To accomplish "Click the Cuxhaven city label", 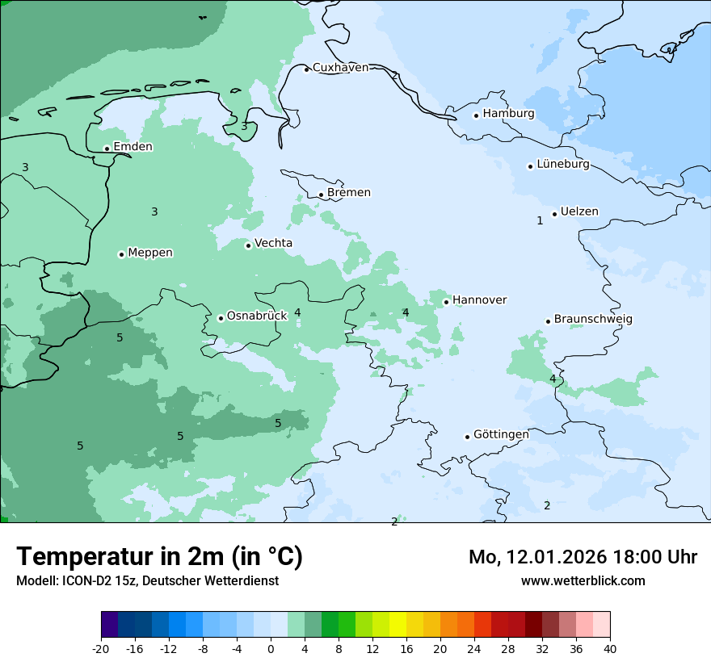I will click(x=340, y=68).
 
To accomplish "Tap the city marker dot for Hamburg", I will click(x=476, y=115).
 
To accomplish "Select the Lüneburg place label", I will click(x=562, y=165).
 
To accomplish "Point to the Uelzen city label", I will click(x=579, y=212).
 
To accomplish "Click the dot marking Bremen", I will click(x=321, y=195).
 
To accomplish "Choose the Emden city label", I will click(x=133, y=147).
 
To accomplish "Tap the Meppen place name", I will click(x=150, y=253).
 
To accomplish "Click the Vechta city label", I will click(x=273, y=243).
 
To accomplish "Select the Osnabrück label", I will click(x=257, y=316).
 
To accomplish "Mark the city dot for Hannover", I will click(x=446, y=302).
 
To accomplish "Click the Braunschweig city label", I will click(x=593, y=320).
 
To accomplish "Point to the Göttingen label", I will click(x=501, y=434).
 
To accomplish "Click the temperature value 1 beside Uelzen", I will click(x=540, y=220).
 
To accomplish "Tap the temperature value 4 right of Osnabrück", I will click(x=297, y=312).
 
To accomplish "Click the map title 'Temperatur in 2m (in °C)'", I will click(x=159, y=556).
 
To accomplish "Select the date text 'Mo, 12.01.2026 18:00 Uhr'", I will click(x=583, y=557).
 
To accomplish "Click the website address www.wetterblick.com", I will click(x=583, y=580).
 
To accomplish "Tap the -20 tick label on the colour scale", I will click(x=101, y=648).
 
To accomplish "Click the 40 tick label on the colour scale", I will click(x=610, y=648).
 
